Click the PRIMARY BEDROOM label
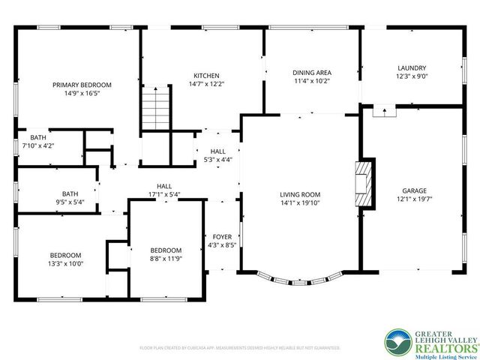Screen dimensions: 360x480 pos(82,85)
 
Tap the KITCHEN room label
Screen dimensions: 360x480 pos(206,76)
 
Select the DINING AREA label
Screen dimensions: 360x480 pos(311,73)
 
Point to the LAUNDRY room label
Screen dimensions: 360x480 pos(410,68)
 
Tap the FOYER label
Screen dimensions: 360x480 pos(222,236)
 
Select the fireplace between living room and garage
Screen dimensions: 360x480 pos(364,184)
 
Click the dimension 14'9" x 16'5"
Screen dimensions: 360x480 pos(82,93)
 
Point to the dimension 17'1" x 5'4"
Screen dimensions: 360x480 pos(163,194)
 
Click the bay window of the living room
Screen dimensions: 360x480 pos(299,280)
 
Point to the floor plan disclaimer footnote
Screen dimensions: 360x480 pos(240,348)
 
